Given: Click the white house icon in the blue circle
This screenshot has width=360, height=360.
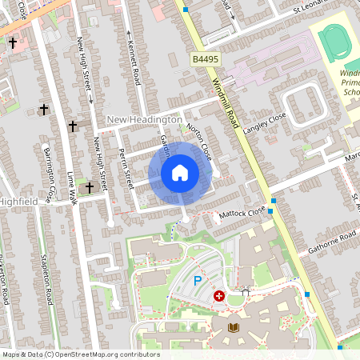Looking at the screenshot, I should tap(180, 173).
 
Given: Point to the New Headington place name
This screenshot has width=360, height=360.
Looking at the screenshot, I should tap(145, 119).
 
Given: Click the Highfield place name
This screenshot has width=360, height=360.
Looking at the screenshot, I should tap(19, 202).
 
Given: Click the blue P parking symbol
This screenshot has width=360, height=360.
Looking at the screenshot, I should tap(197, 281).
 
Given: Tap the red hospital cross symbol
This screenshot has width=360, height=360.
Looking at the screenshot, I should tap(219, 296).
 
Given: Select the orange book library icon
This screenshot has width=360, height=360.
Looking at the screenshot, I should tap(234, 328).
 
